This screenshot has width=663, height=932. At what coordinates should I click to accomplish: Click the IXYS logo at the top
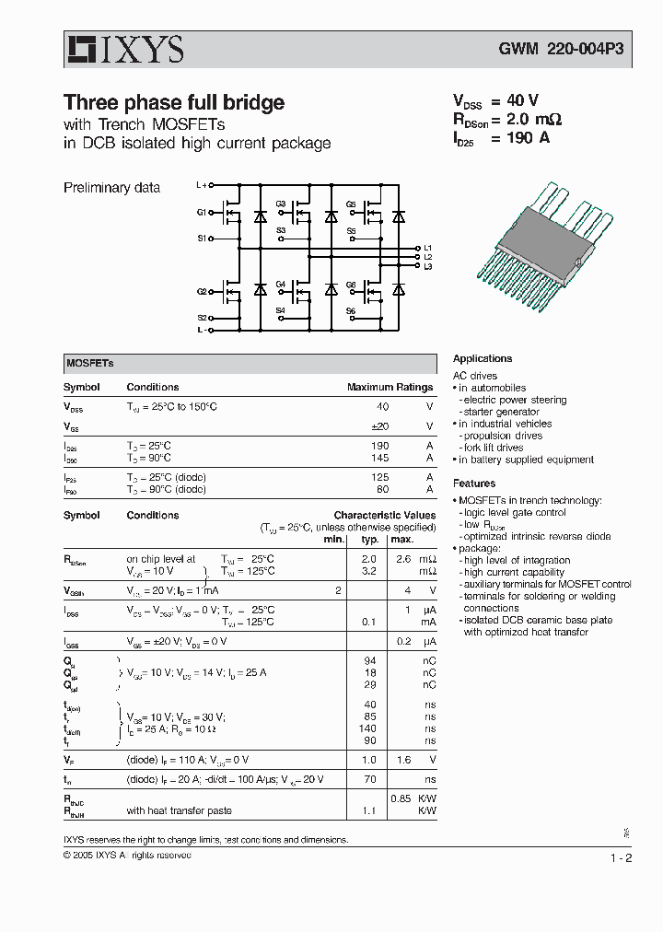pos(123,50)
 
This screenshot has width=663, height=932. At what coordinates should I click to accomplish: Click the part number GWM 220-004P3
pos(548,52)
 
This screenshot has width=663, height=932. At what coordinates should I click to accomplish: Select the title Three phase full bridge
pos(173,102)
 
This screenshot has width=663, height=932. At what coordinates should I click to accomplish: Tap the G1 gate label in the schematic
pos(202,213)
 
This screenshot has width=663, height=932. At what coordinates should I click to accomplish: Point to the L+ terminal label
pos(203,185)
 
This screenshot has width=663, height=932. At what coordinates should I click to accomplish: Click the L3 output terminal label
pos(427,266)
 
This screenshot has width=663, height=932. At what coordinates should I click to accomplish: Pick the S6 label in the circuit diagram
pos(350,311)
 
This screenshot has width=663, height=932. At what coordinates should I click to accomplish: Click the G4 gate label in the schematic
pos(281,285)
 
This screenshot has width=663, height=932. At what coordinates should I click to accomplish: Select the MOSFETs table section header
pos(89,363)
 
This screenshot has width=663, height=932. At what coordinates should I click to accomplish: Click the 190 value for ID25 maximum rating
pos(379,446)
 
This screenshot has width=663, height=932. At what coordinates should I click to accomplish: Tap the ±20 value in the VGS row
pos(379,426)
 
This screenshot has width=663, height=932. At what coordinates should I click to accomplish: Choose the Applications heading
pos(483,359)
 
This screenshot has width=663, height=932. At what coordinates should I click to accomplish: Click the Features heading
pos(474,483)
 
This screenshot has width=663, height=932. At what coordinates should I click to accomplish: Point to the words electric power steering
pos(515,401)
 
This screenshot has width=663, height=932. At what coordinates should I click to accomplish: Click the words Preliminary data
pos(111,188)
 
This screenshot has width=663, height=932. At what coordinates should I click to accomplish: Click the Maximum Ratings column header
pos(390,388)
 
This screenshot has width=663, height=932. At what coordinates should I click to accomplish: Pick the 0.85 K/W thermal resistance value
pos(401,798)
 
